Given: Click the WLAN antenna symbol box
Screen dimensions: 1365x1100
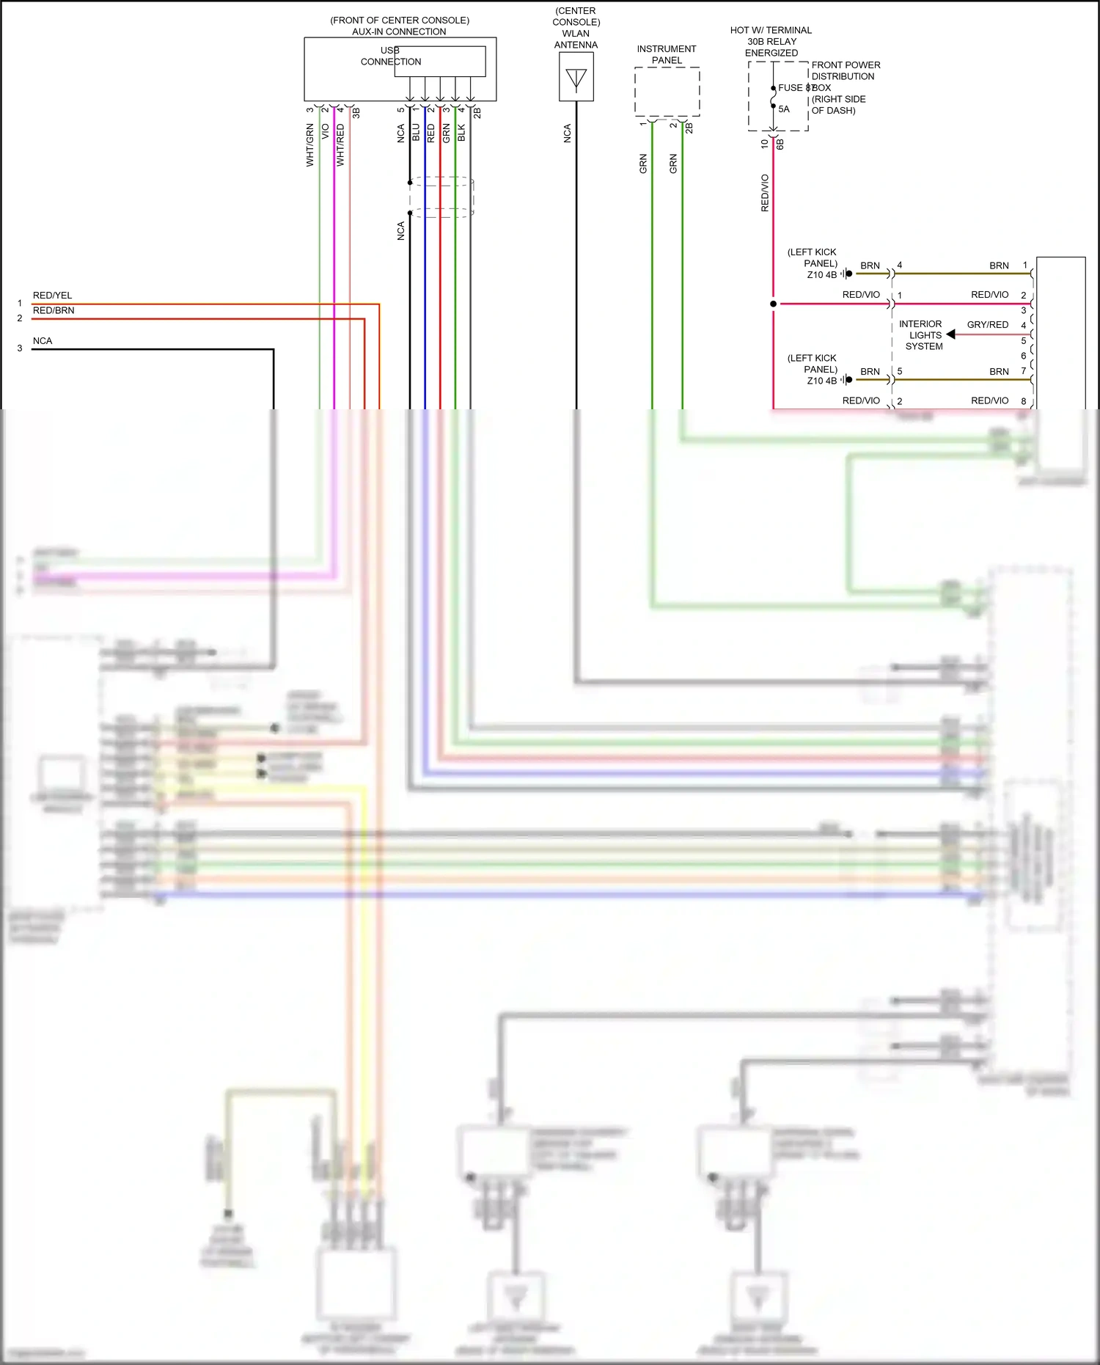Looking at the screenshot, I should coord(576,76).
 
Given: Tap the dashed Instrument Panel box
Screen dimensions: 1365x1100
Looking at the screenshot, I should coord(667,92).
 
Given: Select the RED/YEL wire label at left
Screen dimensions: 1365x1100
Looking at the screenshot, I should coord(52,296).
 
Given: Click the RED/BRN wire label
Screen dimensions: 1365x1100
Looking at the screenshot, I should coord(53,310).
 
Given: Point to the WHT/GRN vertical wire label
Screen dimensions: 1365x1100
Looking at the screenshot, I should coord(309,145).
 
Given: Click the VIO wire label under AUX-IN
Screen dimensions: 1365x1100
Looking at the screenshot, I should coord(325,133).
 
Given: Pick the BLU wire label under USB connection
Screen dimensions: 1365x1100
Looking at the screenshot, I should coord(416,133).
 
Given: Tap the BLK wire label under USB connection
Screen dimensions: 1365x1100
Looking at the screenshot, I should coord(461,133).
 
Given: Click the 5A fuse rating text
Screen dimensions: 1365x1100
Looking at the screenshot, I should coord(784,109).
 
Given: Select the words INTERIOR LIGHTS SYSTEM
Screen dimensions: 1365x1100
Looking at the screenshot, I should coord(923,335).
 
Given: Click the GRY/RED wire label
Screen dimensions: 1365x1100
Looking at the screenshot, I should coord(987,325).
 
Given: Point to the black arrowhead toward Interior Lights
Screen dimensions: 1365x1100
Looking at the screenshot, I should coord(951,334).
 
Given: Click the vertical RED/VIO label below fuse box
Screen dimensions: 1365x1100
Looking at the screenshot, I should coord(765,193).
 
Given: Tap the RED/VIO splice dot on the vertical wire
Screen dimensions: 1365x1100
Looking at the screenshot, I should coord(773,304).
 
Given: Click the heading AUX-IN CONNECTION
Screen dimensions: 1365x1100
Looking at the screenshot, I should coord(399,32).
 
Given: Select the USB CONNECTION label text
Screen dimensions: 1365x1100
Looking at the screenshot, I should coord(391,56).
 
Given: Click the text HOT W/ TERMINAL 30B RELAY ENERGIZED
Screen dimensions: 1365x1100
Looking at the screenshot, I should coord(771,42).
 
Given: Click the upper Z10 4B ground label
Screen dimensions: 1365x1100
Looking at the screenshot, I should coord(821,275).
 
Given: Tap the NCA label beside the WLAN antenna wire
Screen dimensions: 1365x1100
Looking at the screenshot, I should coord(567,133).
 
